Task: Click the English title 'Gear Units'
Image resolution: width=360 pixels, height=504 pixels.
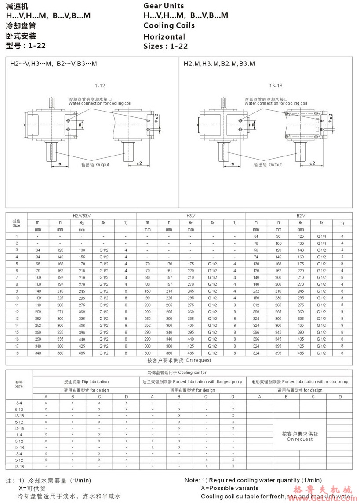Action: click(164, 6)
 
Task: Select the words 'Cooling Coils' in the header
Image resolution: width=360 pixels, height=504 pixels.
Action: click(169, 25)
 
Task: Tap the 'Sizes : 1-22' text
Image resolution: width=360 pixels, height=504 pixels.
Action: click(166, 46)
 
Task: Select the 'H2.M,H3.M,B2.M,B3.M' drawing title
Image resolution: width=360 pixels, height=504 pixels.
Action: click(219, 64)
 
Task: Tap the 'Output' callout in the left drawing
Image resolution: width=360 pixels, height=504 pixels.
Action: click(102, 165)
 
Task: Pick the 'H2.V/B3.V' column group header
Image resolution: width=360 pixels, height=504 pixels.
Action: click(82, 216)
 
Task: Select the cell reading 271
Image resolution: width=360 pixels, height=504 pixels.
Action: click(60, 312)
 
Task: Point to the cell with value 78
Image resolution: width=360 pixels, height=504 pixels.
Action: click(256, 243)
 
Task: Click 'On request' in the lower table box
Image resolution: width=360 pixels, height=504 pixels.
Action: click(300, 439)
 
